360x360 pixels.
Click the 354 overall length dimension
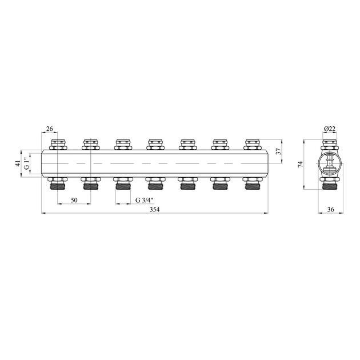(154, 210)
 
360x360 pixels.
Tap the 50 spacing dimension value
(74, 200)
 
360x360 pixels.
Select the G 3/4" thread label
(144, 200)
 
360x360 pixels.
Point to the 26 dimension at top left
(49, 129)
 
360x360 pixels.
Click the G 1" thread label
(27, 163)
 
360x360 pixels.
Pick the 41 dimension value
(18, 163)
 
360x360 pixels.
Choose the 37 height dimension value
(278, 151)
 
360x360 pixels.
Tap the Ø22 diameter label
(330, 129)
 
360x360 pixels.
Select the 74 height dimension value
(301, 164)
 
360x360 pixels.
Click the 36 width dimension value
(331, 209)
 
